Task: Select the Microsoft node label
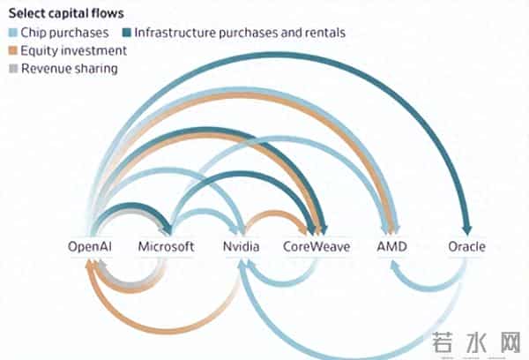point(166,247)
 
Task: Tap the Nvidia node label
point(241,247)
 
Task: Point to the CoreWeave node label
point(317,247)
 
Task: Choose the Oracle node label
point(466,247)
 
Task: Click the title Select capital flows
point(66,14)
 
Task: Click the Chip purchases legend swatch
point(13,33)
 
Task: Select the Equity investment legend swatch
point(13,50)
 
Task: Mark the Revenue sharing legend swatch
point(13,68)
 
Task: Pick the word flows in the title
point(108,14)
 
